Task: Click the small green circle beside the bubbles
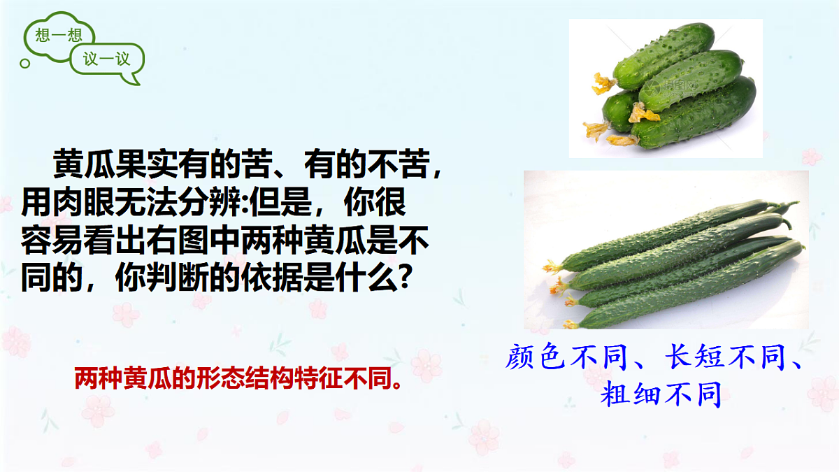pyautogui.click(x=26, y=64)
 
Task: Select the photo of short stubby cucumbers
pyautogui.click(x=665, y=87)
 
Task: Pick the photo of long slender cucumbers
pyautogui.click(x=666, y=250)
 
